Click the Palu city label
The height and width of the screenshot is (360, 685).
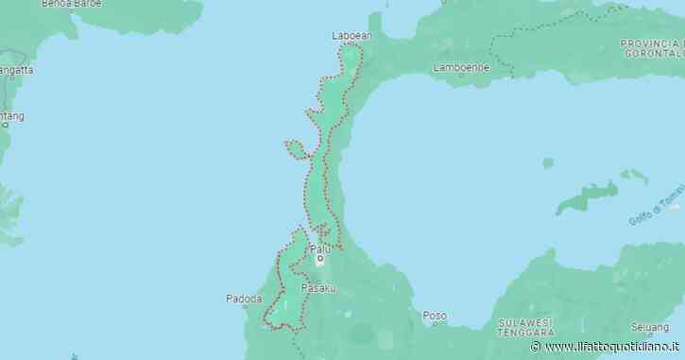[x=320, y=248]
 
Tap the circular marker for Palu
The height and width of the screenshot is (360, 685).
[x=320, y=258]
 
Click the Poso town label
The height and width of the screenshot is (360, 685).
[x=434, y=316]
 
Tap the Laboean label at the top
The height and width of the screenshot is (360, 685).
[x=352, y=36]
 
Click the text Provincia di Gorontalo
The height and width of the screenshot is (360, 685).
[x=651, y=48]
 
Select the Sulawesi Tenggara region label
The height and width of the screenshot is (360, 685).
[x=526, y=328]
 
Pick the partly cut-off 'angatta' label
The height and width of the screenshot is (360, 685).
[x=16, y=69]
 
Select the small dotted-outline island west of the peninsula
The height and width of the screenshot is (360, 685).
[x=297, y=147]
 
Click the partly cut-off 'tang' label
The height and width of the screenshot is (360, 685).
[x=11, y=116]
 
